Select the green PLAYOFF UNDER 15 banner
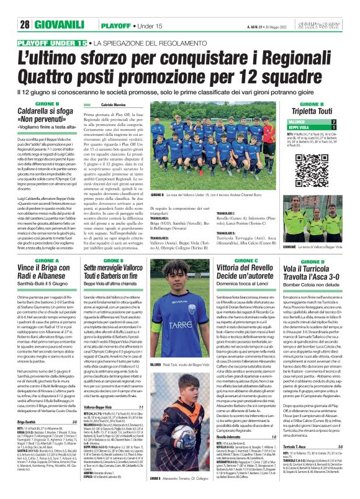coord(52,43)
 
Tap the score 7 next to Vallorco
coord(334,122)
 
